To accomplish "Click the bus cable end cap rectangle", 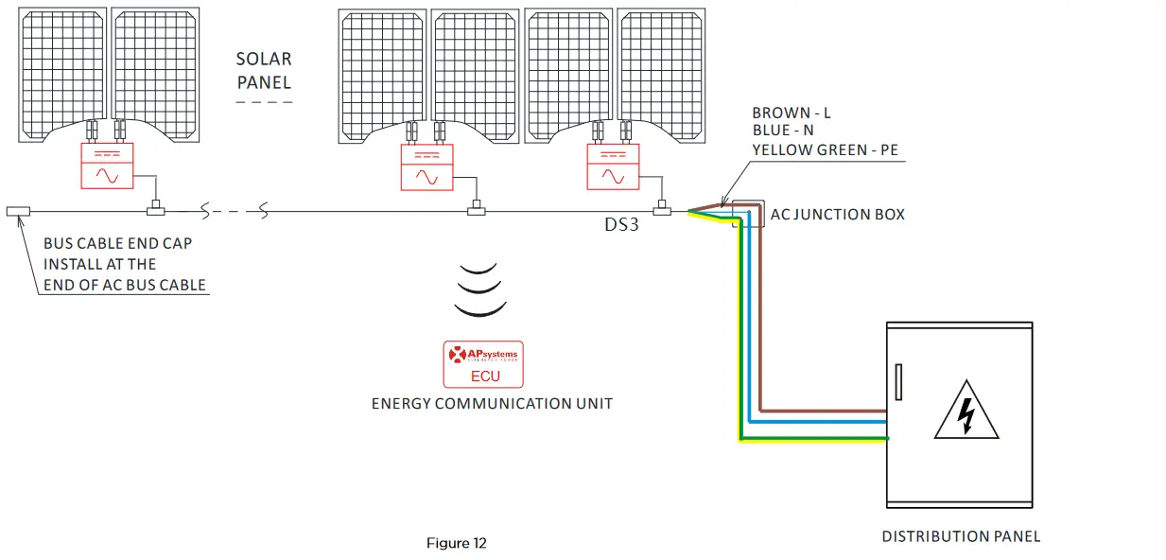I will (18, 211).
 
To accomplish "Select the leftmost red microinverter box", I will (105, 166).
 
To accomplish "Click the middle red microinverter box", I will (427, 166).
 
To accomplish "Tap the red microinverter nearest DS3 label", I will (613, 166).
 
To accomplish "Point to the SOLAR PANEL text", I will (264, 71).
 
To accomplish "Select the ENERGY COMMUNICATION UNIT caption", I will (492, 404).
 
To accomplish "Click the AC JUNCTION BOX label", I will (837, 215).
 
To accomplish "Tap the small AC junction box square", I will (747, 214).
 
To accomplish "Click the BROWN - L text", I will (792, 114).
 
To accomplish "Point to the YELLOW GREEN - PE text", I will (828, 149).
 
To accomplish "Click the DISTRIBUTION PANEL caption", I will (961, 536).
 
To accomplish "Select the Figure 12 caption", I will (456, 543).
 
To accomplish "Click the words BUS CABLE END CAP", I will (117, 244).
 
